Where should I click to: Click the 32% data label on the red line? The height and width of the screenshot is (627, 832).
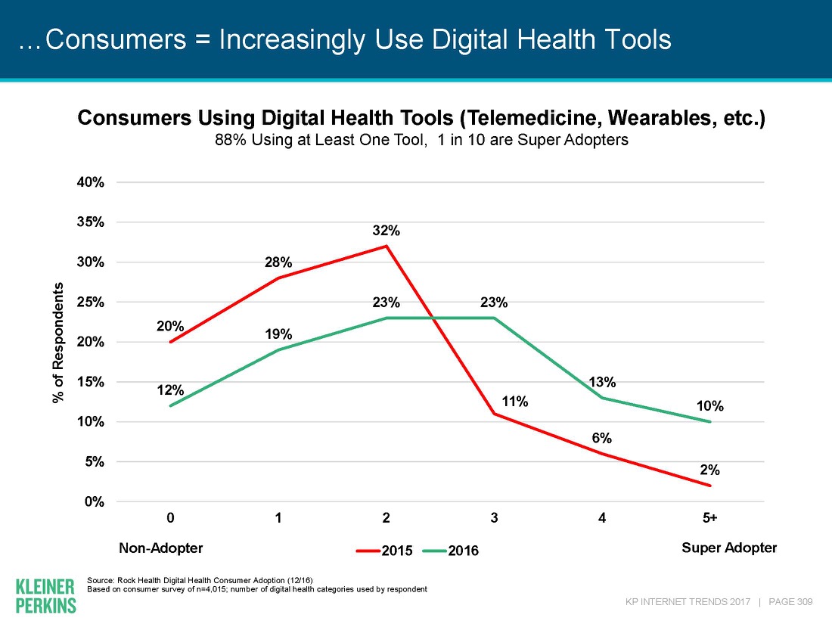[387, 231]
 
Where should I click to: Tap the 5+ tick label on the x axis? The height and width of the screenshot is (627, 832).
[709, 518]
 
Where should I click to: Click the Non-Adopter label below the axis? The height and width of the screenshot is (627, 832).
[161, 548]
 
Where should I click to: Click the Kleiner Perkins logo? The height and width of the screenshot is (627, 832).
[45, 595]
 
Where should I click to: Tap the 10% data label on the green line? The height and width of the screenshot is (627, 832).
[710, 406]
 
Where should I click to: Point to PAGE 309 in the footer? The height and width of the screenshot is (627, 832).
[790, 602]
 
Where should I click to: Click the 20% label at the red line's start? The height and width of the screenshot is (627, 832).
[171, 326]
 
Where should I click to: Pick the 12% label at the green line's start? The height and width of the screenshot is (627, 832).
[171, 390]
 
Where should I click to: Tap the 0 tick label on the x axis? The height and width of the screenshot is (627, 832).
[171, 518]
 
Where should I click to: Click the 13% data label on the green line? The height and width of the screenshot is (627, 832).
[602, 382]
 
